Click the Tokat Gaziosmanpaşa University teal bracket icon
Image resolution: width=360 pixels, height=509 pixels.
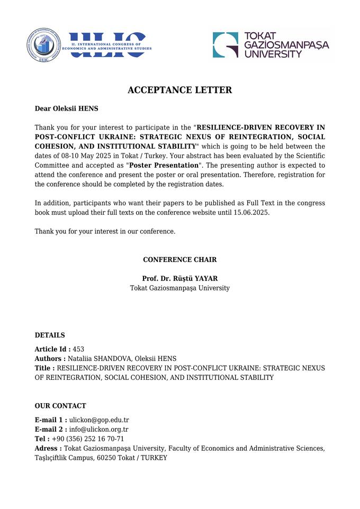(226, 44)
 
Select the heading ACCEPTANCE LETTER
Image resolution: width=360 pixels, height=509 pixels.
(179, 90)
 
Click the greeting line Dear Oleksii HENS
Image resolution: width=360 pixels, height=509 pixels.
(66, 108)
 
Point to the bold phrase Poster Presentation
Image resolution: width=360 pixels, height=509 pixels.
(164, 165)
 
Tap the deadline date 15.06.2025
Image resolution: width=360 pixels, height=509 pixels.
(251, 212)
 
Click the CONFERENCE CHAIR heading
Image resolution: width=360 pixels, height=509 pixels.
(179, 260)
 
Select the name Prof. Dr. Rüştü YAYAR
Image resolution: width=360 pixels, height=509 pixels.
(179, 278)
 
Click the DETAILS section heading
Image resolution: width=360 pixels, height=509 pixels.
(50, 335)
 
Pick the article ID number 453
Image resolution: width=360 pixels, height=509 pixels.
(78, 349)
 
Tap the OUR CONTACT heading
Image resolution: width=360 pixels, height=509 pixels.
(60, 406)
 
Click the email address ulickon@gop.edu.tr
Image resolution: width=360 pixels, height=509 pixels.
(99, 420)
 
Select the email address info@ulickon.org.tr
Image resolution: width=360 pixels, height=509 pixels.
(98, 430)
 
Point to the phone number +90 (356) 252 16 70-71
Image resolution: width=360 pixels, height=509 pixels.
(88, 439)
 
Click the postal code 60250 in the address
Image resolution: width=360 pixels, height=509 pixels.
(106, 458)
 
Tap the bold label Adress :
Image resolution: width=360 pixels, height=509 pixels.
(48, 449)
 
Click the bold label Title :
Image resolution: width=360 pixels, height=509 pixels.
(44, 368)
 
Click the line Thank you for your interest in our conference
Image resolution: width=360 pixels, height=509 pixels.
(105, 231)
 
